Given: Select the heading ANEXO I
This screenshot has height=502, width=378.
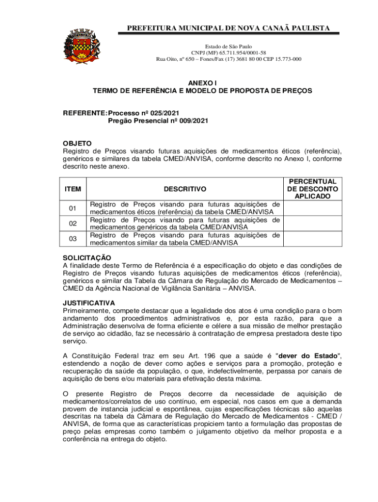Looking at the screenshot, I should (x=202, y=83).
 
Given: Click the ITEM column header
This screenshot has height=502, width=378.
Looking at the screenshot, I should (x=73, y=189).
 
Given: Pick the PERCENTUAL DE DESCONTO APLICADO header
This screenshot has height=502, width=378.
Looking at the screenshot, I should (x=312, y=189).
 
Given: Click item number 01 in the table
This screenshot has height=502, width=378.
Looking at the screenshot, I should (x=73, y=208).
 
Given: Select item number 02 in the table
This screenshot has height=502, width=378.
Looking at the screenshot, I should (x=73, y=224).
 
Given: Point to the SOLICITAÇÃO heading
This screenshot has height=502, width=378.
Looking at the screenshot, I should (x=87, y=258).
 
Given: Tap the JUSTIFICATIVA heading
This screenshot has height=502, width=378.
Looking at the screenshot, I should (x=88, y=303).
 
